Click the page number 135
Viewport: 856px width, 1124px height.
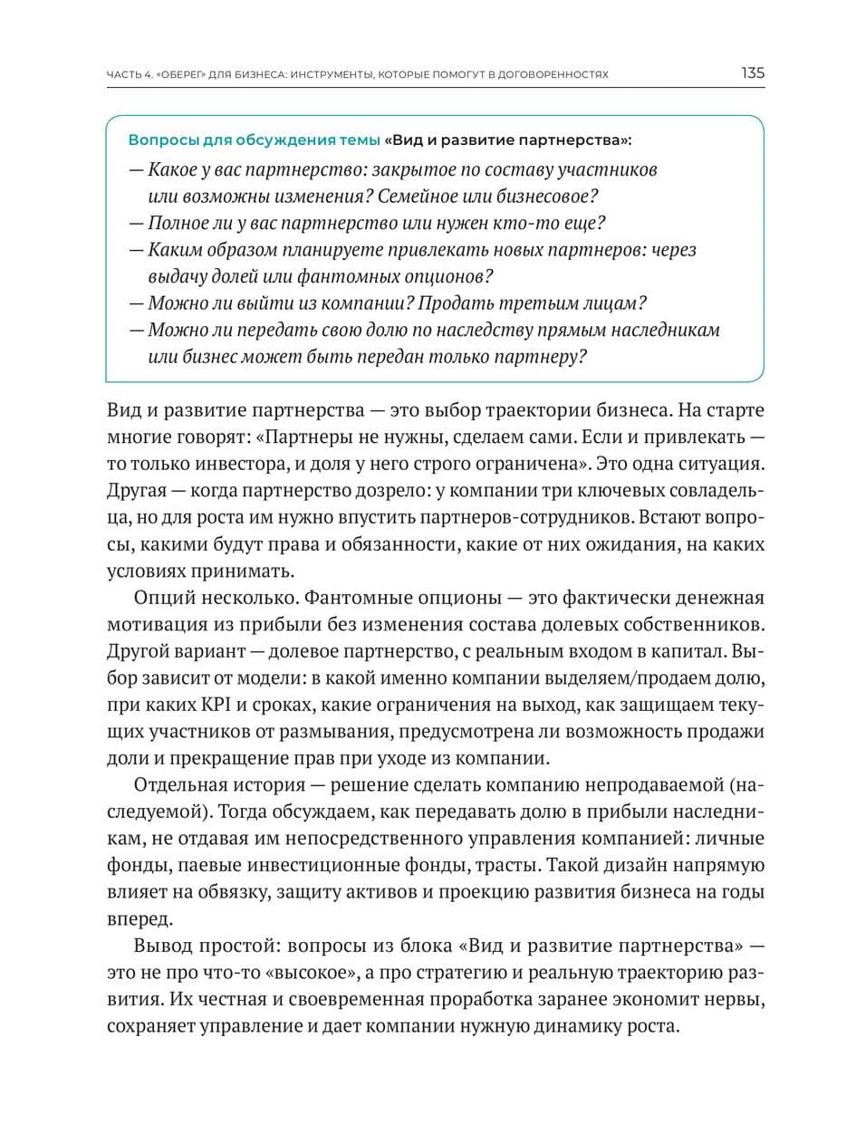point(752,73)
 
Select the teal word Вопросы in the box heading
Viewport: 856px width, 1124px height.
point(156,140)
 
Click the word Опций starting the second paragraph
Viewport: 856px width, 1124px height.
point(160,598)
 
